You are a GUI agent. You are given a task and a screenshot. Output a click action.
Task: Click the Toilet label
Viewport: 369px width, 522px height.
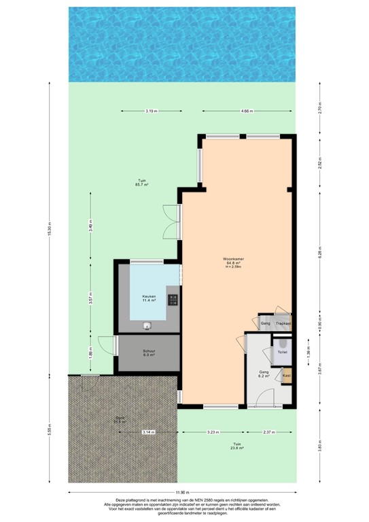[283, 353]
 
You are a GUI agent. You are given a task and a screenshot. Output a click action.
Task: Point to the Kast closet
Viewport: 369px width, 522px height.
[286, 375]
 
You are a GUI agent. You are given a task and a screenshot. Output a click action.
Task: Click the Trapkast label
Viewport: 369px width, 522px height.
[283, 324]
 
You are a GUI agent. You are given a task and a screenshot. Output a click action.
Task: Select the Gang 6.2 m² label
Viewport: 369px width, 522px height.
[264, 373]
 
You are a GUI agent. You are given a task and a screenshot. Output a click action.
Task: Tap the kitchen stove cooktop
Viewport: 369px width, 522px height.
[173, 299]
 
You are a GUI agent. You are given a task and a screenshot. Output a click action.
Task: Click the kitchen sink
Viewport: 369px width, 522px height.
[147, 326]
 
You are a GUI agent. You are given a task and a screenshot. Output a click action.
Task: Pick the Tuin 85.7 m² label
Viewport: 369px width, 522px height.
[141, 181]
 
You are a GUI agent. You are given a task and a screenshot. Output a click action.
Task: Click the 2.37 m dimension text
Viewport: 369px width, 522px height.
[270, 432]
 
